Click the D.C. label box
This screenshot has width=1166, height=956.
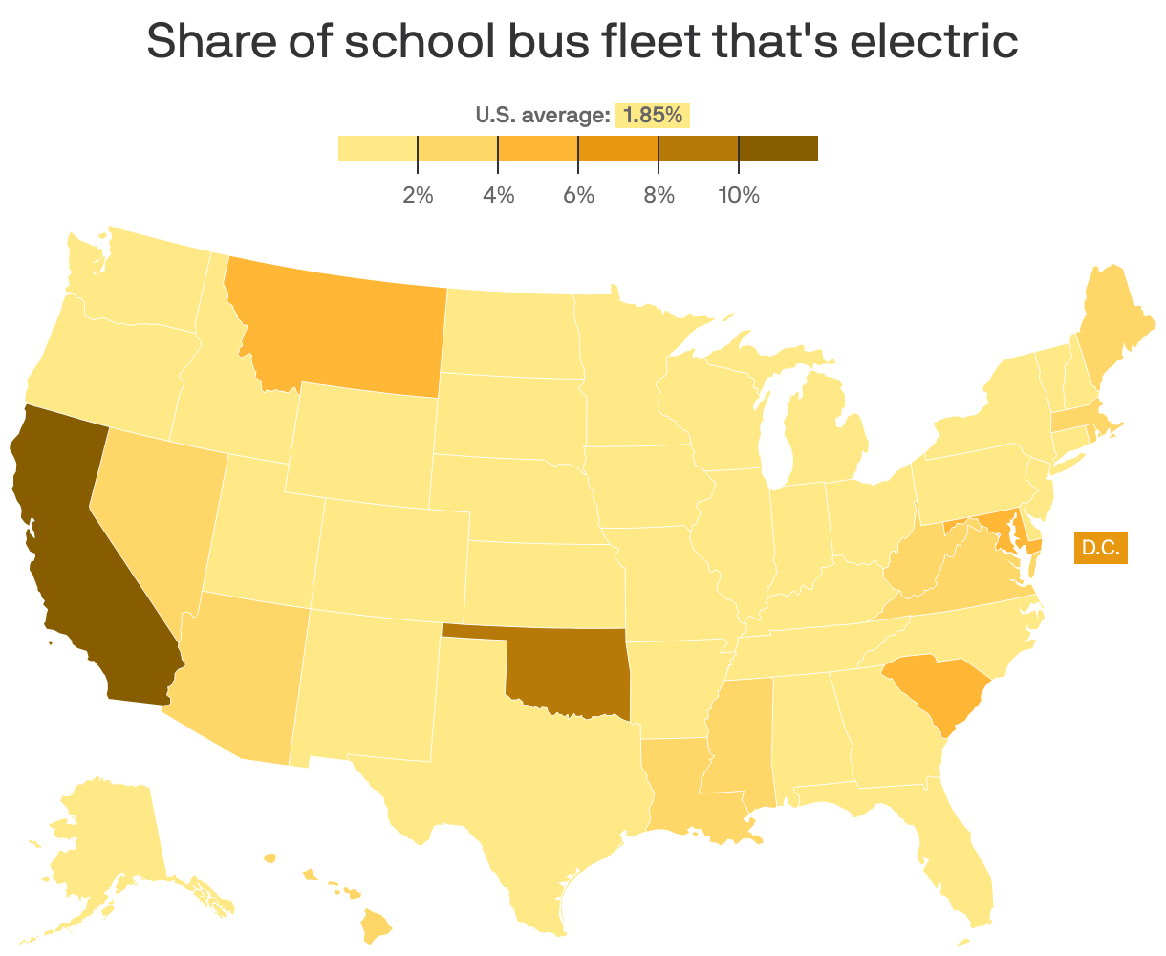[1100, 549]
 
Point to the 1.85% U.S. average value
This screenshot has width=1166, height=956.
[653, 116]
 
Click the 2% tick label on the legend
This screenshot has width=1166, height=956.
[418, 196]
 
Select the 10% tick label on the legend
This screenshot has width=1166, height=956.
[739, 196]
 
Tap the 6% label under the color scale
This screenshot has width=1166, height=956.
[578, 196]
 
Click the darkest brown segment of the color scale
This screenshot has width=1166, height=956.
[778, 148]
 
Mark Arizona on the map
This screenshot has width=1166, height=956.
[239, 679]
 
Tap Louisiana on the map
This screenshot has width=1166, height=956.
[683, 784]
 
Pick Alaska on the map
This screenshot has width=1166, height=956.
[105, 841]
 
